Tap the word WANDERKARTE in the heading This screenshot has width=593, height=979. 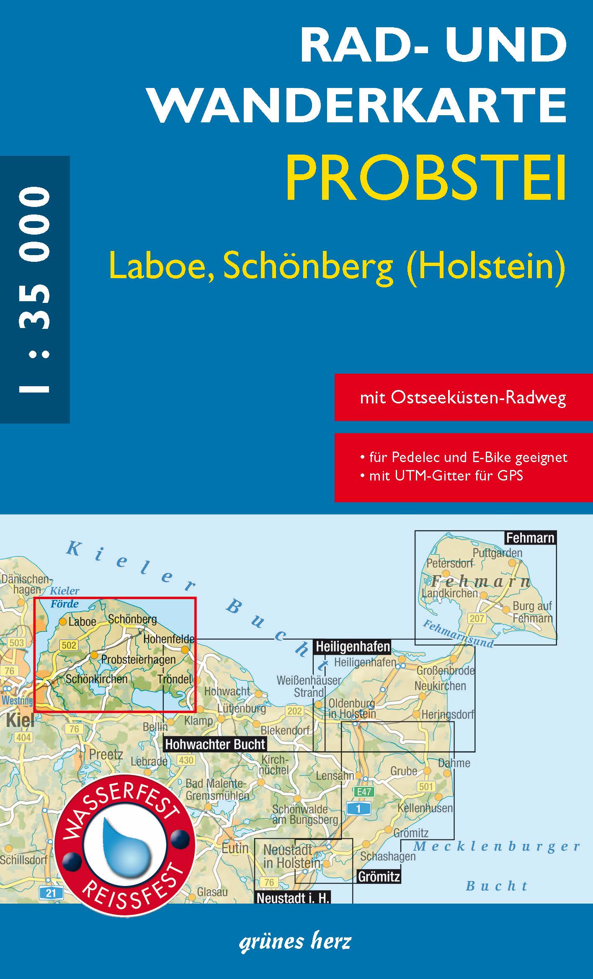[358, 105]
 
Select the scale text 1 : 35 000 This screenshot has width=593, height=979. [34, 289]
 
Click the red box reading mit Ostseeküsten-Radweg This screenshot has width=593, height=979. [463, 398]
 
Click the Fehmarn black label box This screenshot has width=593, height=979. [530, 538]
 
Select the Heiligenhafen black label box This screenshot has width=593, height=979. [353, 647]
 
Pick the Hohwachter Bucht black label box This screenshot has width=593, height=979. [215, 744]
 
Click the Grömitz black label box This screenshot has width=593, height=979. [379, 876]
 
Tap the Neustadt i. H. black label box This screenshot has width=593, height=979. [293, 898]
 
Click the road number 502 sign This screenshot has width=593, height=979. [69, 645]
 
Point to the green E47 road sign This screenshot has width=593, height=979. [364, 791]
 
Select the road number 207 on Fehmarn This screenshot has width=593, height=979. [477, 618]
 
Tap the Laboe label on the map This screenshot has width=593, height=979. [82, 622]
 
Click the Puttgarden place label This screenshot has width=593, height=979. [498, 553]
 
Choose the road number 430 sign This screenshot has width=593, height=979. [186, 760]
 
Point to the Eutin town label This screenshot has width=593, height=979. [235, 848]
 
